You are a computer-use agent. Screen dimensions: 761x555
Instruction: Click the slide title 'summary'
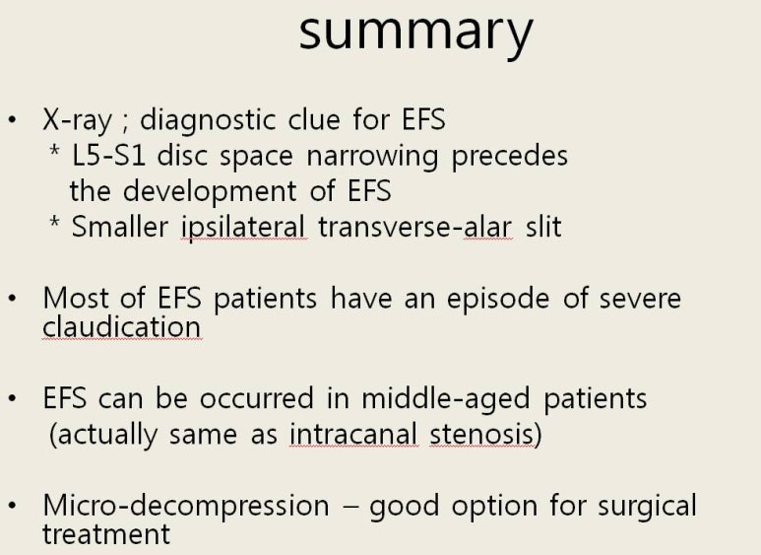pyautogui.click(x=415, y=35)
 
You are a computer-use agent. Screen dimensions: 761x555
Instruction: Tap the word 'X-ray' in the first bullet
pyautogui.click(x=77, y=120)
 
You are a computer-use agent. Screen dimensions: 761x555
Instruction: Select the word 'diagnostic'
pyautogui.click(x=209, y=120)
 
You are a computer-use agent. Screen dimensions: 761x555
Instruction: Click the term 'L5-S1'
pyautogui.click(x=108, y=156)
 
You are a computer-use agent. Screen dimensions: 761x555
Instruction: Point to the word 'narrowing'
pyautogui.click(x=373, y=157)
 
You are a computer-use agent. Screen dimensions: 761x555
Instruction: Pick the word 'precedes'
pyautogui.click(x=510, y=157)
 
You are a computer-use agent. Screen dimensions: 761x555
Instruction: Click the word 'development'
pyautogui.click(x=210, y=191)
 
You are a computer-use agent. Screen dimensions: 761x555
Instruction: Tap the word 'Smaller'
pyautogui.click(x=120, y=227)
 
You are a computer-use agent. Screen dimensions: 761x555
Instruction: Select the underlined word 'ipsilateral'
pyautogui.click(x=243, y=227)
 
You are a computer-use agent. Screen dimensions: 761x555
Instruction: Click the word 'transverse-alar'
pyautogui.click(x=415, y=227)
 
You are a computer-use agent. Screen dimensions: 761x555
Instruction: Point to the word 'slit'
pyautogui.click(x=544, y=227)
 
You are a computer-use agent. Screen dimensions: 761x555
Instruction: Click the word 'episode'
pyautogui.click(x=498, y=299)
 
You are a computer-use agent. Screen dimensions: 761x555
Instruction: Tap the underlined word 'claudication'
pyautogui.click(x=122, y=326)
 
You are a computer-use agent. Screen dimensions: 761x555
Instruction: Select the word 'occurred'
pyautogui.click(x=257, y=398)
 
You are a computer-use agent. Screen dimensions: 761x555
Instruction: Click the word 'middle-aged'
pyautogui.click(x=446, y=399)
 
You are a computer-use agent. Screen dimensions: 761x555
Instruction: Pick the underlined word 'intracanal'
pyautogui.click(x=353, y=434)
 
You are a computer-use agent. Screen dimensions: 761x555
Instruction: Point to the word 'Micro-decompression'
pyautogui.click(x=186, y=506)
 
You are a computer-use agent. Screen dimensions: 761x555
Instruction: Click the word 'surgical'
pyautogui.click(x=647, y=506)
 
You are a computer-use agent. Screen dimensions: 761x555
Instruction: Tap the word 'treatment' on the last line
pyautogui.click(x=106, y=534)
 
